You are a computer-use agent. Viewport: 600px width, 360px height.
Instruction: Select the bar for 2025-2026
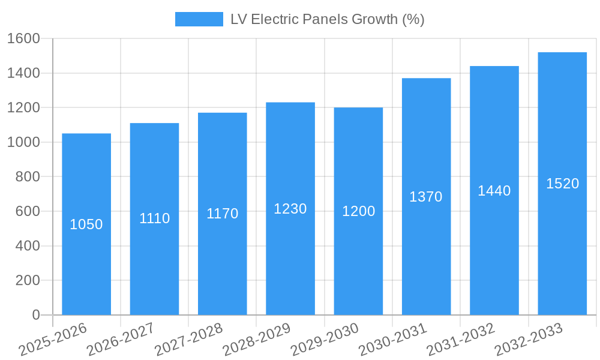86,264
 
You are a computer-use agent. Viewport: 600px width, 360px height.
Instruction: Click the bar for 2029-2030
358,264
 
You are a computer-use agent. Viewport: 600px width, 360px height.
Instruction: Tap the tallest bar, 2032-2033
562,252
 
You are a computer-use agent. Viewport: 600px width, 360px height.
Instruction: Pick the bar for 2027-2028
222,264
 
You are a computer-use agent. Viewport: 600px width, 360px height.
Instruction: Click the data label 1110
154,218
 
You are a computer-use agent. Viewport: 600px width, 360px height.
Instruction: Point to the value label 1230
290,209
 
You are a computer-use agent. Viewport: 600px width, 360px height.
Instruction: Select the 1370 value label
426,197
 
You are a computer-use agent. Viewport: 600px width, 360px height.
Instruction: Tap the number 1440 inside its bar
494,191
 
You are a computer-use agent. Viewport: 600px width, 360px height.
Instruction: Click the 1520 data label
562,184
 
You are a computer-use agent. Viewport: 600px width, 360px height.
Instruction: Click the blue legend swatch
199,19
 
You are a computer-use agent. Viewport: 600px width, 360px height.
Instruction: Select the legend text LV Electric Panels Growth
327,19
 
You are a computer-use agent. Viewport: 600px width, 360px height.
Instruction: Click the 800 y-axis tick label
28,177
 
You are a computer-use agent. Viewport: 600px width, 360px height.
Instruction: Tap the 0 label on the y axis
36,315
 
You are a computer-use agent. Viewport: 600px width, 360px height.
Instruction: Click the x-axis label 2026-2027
121,340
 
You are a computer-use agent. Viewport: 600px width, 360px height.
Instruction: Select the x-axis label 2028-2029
257,340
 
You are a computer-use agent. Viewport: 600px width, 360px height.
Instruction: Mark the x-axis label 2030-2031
393,340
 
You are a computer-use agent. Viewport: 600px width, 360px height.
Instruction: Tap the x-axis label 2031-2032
461,340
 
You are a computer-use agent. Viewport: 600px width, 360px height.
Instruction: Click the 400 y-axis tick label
28,246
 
